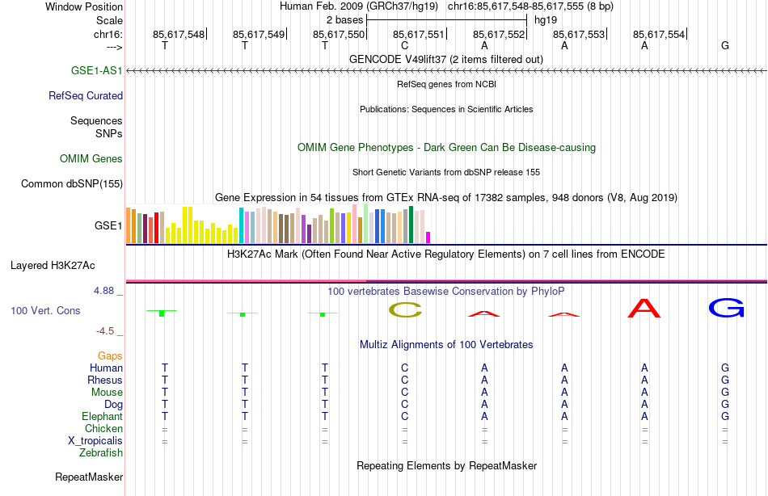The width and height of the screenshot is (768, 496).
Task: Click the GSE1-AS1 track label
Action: coord(96,71)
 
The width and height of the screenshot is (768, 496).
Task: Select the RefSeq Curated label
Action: coord(86,95)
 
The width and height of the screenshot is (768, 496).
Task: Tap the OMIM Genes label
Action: coord(91,159)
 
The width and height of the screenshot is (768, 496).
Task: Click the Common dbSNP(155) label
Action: coord(71,184)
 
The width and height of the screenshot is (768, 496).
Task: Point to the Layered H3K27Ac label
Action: coord(53,265)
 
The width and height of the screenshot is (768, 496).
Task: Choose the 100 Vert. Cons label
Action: coord(45,310)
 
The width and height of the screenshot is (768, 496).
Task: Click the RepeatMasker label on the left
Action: coord(89,477)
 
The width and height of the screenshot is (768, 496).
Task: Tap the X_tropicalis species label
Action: coord(95,441)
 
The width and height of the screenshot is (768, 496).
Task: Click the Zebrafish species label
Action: coord(101,453)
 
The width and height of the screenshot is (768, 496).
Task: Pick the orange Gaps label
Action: coord(110,355)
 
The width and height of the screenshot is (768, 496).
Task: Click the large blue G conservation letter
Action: coord(725,308)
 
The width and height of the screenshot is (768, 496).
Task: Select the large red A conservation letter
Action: coord(644,308)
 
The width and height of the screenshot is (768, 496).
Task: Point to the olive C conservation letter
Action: coord(405,309)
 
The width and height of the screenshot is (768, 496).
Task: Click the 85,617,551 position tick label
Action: coord(419,34)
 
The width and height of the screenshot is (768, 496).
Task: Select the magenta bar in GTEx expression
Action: coord(428,237)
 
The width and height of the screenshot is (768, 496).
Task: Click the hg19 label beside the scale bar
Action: coord(546,19)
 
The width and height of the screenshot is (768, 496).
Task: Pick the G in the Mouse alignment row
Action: coord(725,392)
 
